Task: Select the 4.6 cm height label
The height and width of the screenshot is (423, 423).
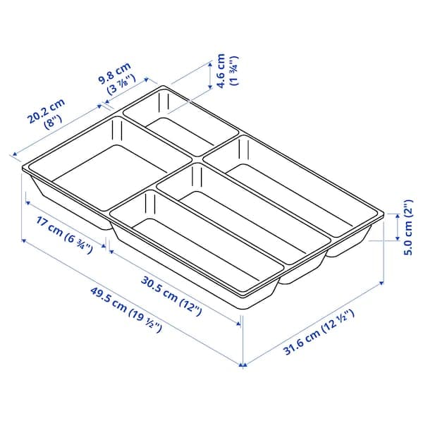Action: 221,70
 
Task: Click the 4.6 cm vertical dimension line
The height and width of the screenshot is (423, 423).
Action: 209,74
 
